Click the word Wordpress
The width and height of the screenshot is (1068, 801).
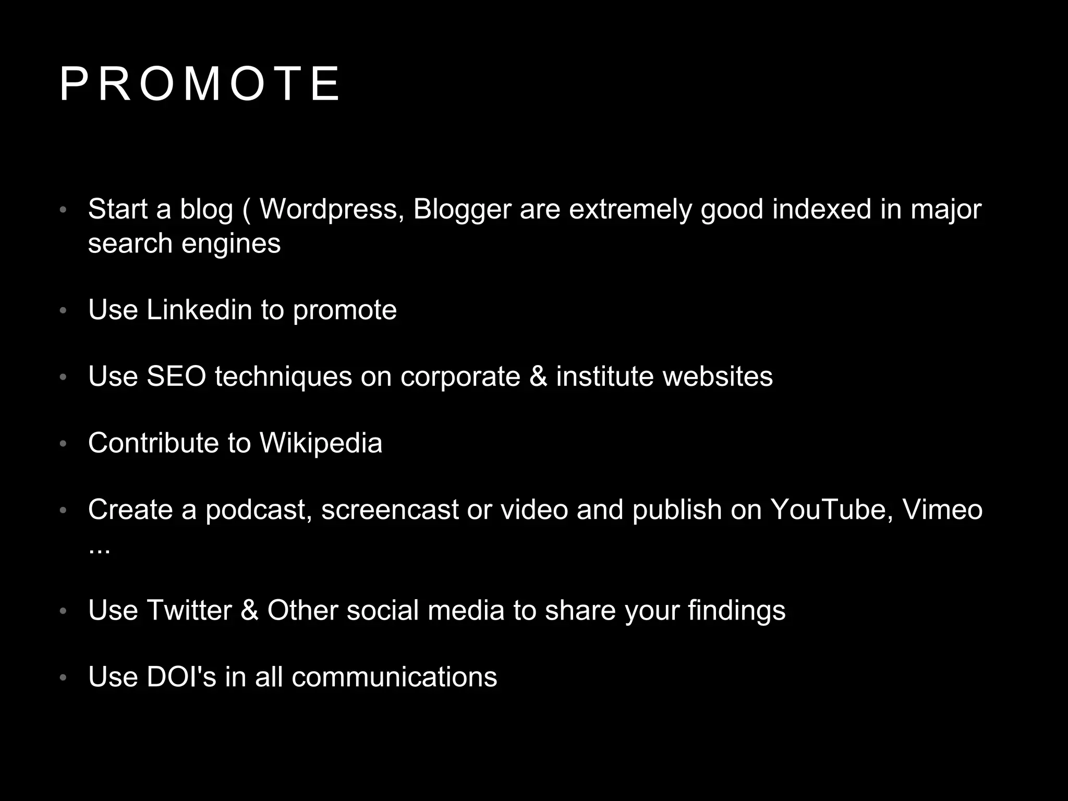(332, 210)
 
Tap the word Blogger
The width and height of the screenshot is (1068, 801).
(462, 210)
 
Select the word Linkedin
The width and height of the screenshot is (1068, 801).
(199, 310)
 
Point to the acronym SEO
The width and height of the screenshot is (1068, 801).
(176, 377)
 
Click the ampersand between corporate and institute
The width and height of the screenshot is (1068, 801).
(538, 377)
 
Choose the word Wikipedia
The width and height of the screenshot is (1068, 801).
(321, 443)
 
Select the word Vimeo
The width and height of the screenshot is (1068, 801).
(942, 510)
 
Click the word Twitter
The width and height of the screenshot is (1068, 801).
(189, 610)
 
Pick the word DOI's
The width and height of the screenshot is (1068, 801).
(181, 677)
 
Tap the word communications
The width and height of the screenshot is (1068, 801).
(394, 677)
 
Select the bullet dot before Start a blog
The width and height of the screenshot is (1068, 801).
(63, 211)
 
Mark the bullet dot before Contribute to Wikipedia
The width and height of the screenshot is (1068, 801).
(63, 444)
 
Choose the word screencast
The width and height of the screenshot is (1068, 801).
(390, 510)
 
